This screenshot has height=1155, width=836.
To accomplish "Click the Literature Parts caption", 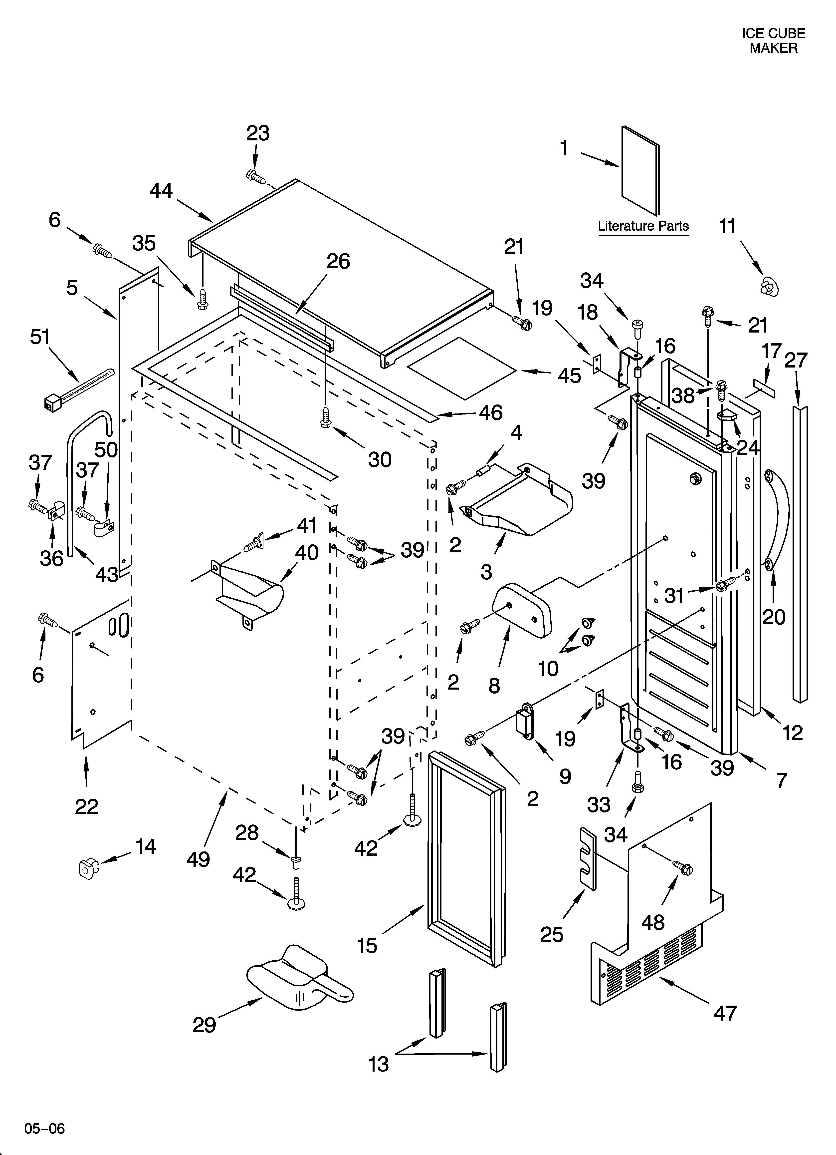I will pyautogui.click(x=643, y=226).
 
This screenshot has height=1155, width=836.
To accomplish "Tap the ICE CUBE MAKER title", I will pyautogui.click(x=773, y=41).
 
